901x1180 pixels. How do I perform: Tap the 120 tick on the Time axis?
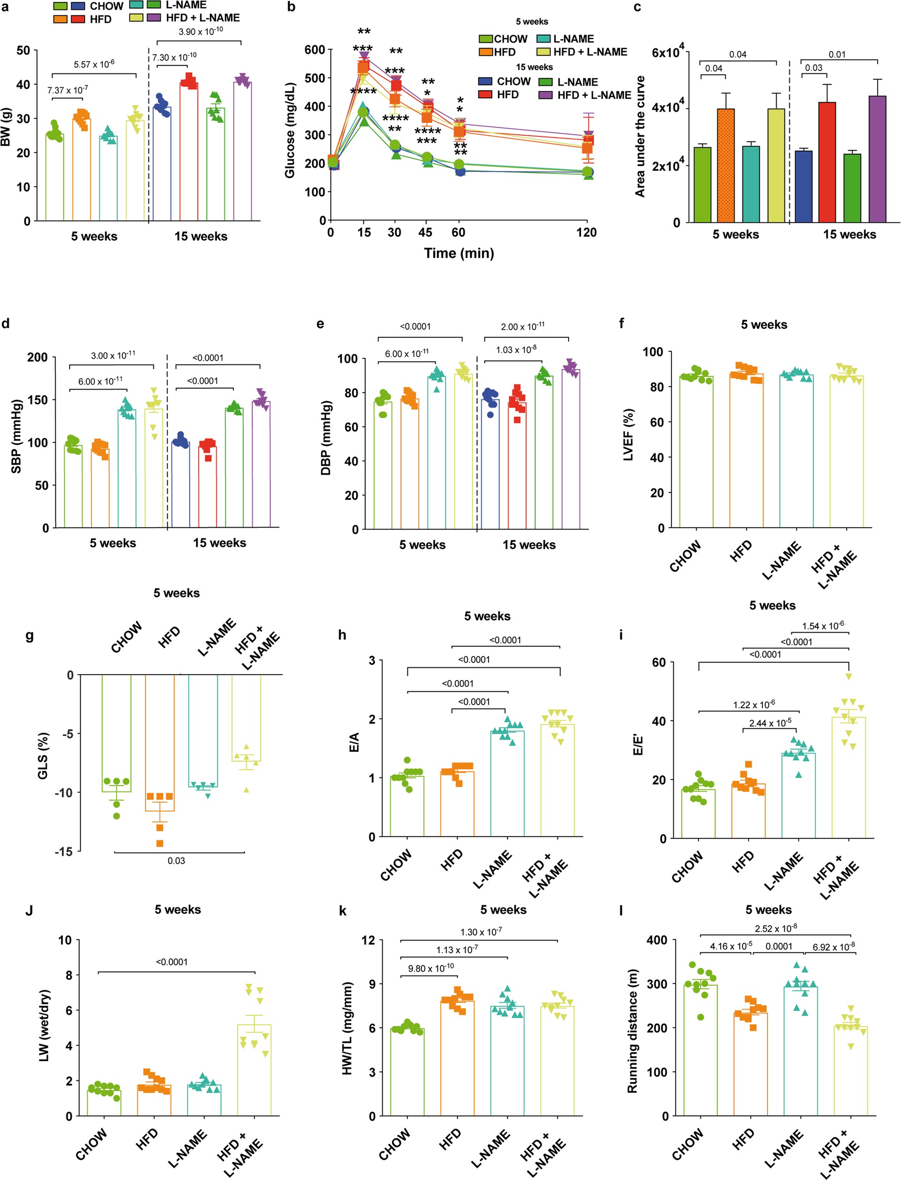[586, 232]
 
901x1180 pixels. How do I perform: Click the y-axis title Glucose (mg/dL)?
[290, 130]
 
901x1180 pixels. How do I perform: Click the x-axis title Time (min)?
[458, 253]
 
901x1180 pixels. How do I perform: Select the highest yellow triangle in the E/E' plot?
[849, 676]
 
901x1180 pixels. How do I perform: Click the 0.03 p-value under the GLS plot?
[176, 861]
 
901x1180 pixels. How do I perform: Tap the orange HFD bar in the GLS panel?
[160, 742]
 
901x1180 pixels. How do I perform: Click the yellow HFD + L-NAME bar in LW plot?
[254, 1070]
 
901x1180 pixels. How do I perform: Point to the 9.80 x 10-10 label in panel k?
[431, 968]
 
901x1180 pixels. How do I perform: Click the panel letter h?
[342, 635]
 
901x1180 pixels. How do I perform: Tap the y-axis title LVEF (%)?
[628, 435]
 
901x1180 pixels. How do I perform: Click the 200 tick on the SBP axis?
[37, 357]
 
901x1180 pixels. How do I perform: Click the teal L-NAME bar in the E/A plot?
[507, 783]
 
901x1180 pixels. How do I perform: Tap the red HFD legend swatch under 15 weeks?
[485, 95]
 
